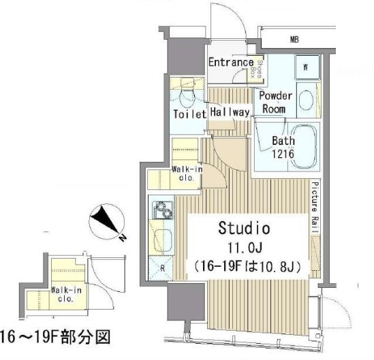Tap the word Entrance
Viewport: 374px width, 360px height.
tap(230, 63)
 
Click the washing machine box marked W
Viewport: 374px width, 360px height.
tap(306, 67)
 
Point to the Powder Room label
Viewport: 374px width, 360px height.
tap(275, 101)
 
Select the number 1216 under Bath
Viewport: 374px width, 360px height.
tap(283, 154)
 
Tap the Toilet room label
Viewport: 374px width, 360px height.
tap(189, 114)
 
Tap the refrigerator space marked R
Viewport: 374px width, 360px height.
tap(163, 267)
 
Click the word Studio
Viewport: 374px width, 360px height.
tap(244, 227)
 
